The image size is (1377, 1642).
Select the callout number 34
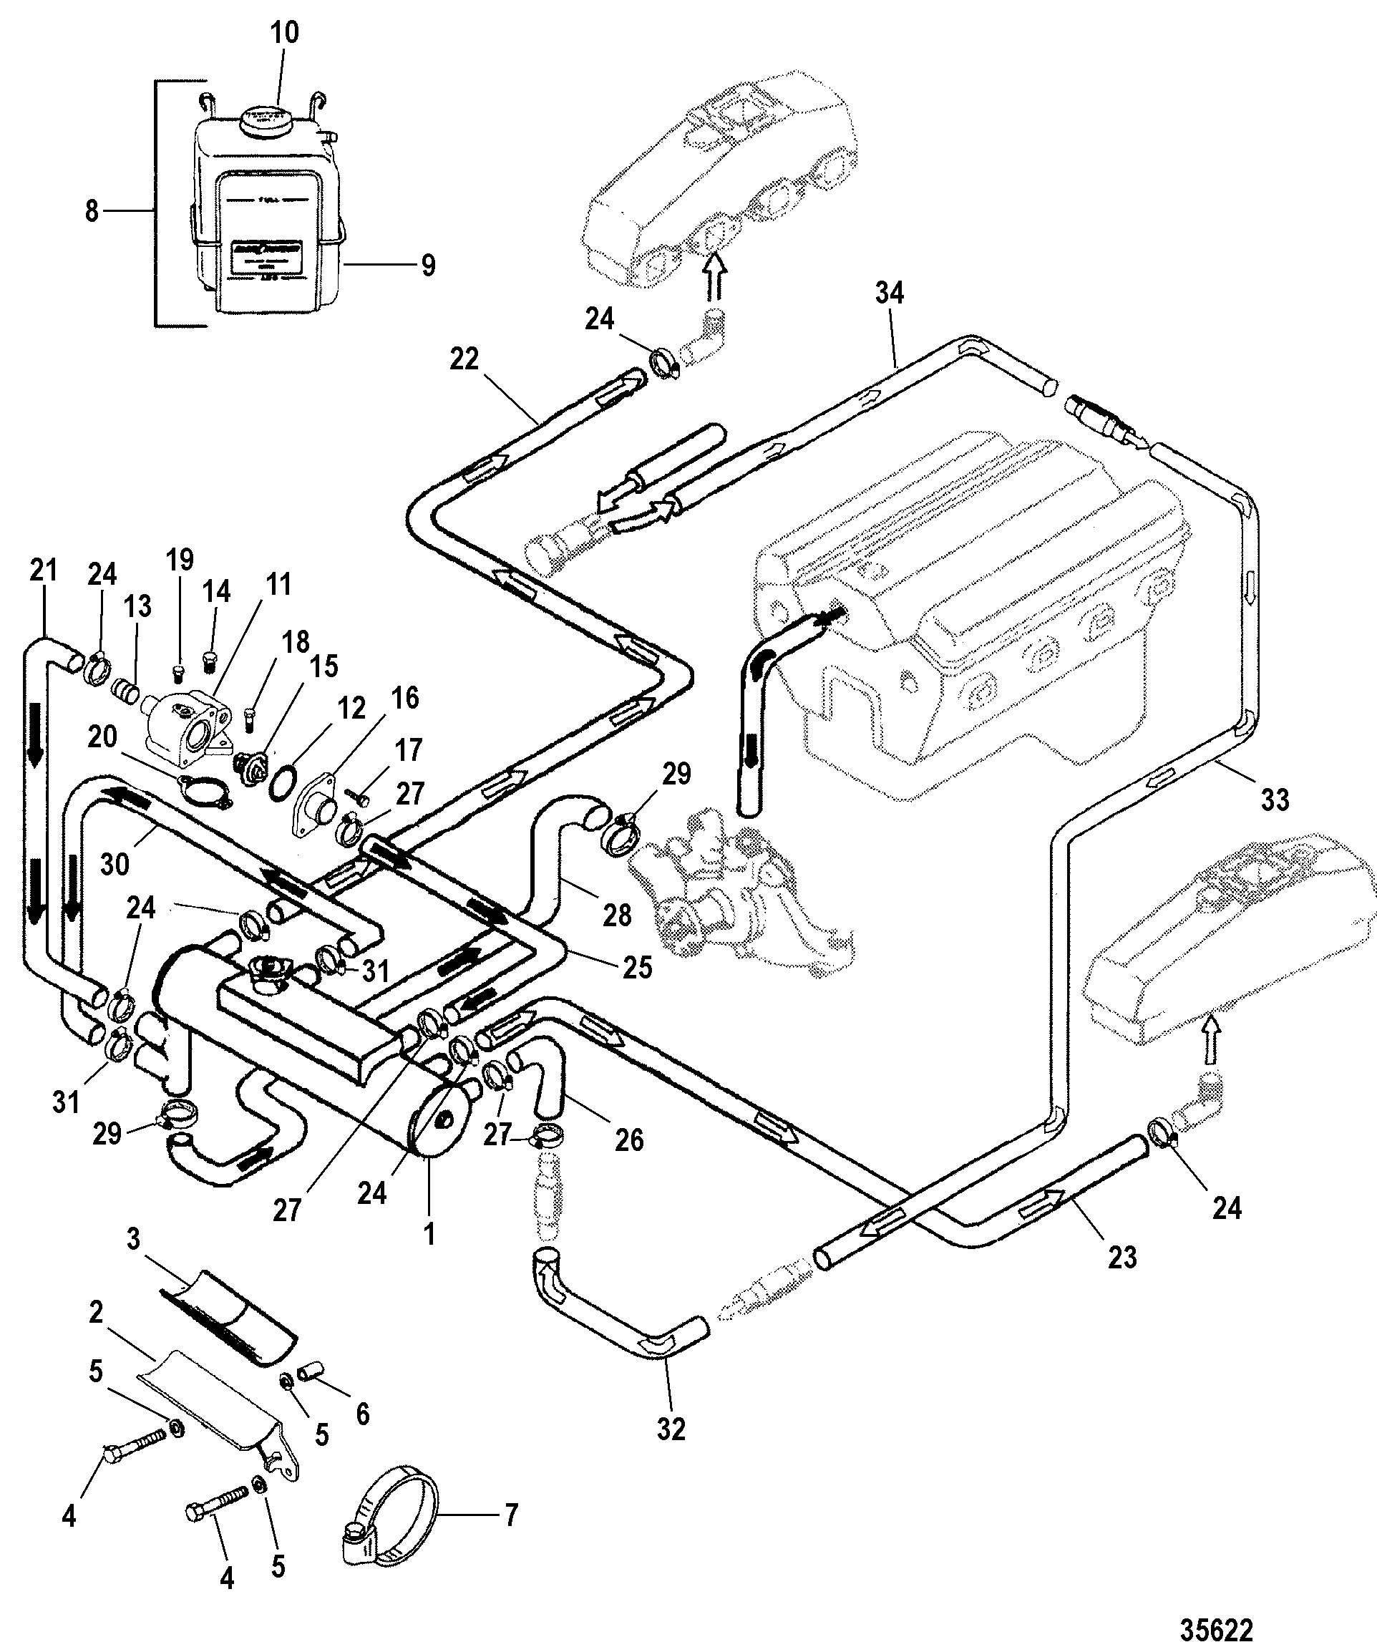click(x=889, y=293)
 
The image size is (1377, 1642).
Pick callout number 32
click(x=671, y=1429)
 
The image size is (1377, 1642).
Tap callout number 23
click(x=1122, y=1258)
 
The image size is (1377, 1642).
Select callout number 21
click(x=44, y=570)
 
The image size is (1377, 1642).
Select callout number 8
click(x=92, y=211)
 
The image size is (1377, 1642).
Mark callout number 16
click(x=404, y=697)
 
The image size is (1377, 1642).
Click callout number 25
click(x=637, y=967)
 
